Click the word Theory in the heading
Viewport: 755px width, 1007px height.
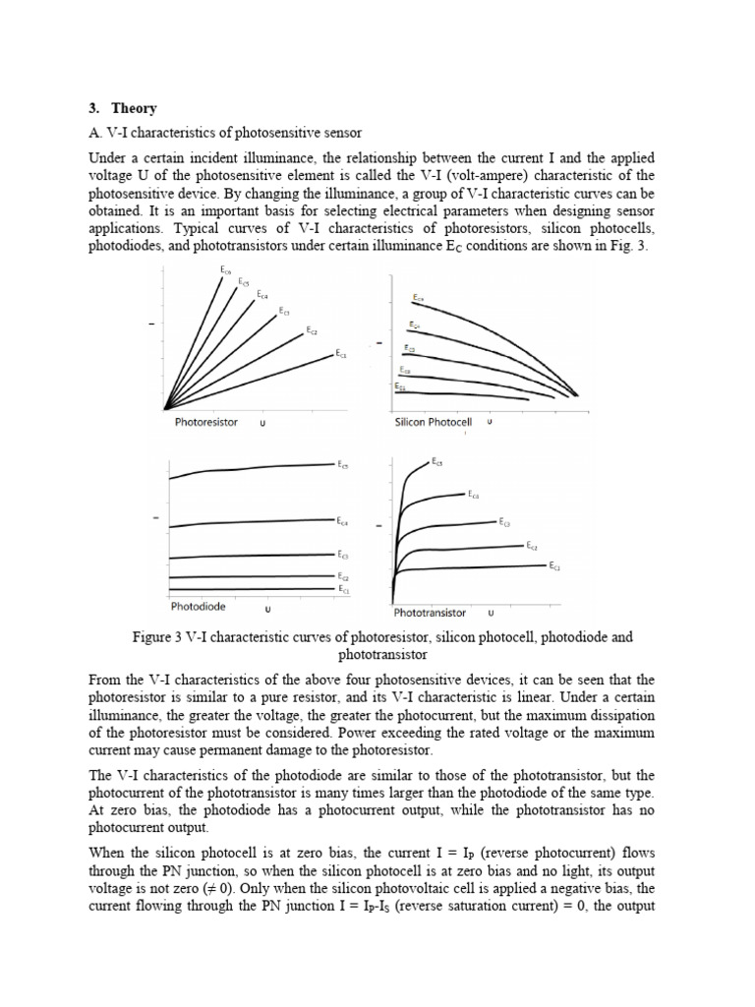[135, 108]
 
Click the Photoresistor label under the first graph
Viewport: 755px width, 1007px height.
[205, 422]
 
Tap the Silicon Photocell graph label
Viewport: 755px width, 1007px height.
[426, 422]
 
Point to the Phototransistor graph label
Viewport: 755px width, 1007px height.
[430, 612]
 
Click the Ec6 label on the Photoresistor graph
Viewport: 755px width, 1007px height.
[225, 268]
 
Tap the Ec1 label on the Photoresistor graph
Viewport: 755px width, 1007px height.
[341, 353]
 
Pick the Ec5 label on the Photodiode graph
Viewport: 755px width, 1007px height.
[342, 464]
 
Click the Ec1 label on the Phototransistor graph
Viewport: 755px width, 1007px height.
[554, 566]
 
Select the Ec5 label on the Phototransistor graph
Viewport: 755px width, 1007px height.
[437, 460]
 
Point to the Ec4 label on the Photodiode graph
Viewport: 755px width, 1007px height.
[341, 520]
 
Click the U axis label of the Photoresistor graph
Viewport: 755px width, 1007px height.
[262, 424]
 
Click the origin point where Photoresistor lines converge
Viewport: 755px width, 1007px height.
[166, 407]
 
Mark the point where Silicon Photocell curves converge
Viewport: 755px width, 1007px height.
[575, 396]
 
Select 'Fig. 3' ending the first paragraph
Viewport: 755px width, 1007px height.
[631, 245]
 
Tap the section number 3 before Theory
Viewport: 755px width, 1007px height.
[92, 108]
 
